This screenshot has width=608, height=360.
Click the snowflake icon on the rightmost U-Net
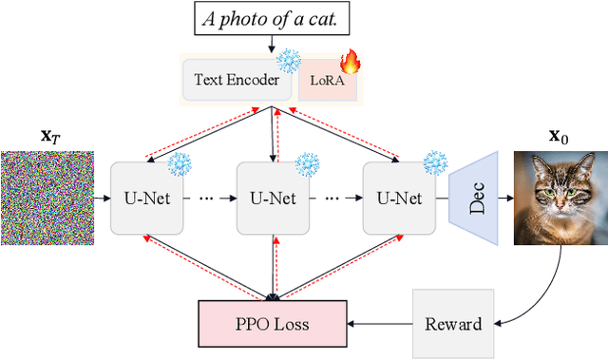coord(434,161)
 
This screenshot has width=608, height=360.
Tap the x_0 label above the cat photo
coord(559,136)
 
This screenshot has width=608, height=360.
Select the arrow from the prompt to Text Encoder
coord(274,44)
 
